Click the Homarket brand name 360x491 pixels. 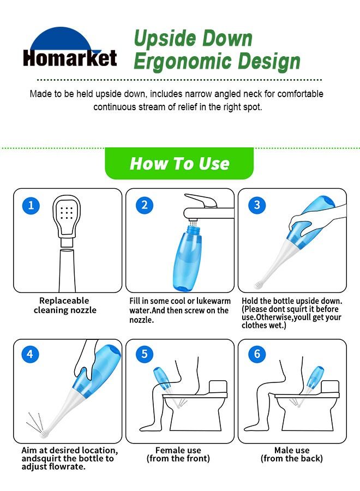(x=70, y=58)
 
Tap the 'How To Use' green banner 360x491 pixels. (x=179, y=163)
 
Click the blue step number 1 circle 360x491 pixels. (x=31, y=205)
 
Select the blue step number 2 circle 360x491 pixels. (x=144, y=205)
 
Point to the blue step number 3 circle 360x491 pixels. (x=257, y=205)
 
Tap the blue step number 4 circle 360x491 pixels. (x=29, y=354)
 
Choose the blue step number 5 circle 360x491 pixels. (x=144, y=354)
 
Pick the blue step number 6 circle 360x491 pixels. (x=257, y=354)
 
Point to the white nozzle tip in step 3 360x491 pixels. (x=260, y=284)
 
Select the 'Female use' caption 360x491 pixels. (x=178, y=451)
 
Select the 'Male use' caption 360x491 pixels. (x=291, y=451)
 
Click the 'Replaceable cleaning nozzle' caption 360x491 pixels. (x=64, y=305)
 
